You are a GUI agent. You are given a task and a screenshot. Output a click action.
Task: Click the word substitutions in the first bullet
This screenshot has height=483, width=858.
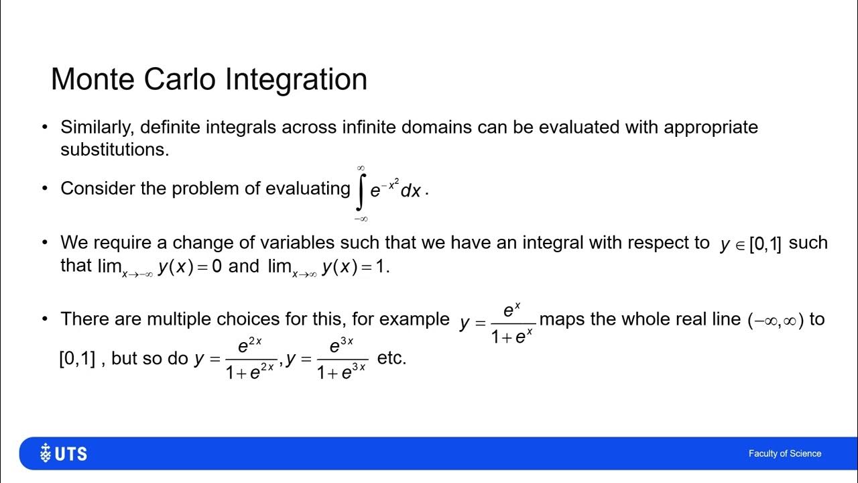114,149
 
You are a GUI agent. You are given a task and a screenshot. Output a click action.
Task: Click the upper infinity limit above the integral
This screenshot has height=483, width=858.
361,168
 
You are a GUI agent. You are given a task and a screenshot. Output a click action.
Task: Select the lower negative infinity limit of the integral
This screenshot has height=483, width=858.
361,218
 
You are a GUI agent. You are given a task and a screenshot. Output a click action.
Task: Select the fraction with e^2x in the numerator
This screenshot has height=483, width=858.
251,359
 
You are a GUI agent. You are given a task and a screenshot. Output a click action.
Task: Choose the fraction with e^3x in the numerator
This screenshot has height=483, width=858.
342,359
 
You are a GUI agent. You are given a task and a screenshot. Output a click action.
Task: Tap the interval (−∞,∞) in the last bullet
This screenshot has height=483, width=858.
776,320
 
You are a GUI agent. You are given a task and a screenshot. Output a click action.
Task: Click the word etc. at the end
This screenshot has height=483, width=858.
391,358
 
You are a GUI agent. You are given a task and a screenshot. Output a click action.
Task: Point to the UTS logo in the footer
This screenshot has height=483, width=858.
64,453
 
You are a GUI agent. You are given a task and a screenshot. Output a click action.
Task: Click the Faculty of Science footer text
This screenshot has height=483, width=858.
784,454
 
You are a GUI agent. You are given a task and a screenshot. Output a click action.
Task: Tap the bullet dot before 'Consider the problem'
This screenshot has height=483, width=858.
45,189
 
